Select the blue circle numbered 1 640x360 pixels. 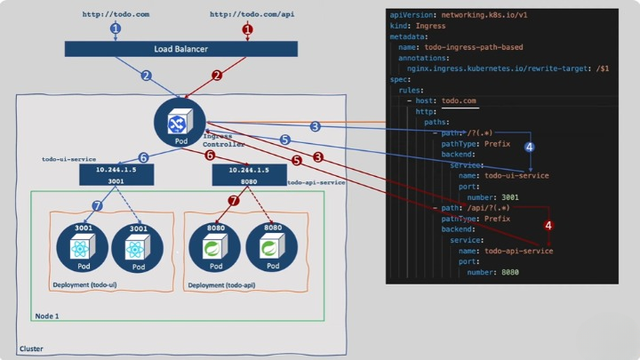[115, 28]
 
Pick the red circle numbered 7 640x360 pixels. [234, 201]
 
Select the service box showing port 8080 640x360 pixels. [249, 174]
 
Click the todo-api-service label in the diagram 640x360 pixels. [316, 182]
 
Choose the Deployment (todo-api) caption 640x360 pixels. [220, 285]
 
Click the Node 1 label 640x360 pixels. [47, 316]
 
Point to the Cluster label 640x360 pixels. [31, 349]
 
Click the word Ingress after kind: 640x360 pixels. [430, 27]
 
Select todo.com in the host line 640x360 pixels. [459, 101]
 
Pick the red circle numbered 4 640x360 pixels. [548, 226]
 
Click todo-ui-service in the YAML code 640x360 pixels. [516, 175]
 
